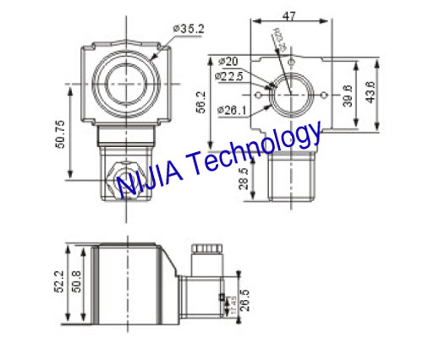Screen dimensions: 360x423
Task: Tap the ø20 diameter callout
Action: [228, 62]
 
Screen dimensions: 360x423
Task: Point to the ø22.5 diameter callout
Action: [231, 76]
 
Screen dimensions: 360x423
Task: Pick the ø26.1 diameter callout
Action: [231, 109]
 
